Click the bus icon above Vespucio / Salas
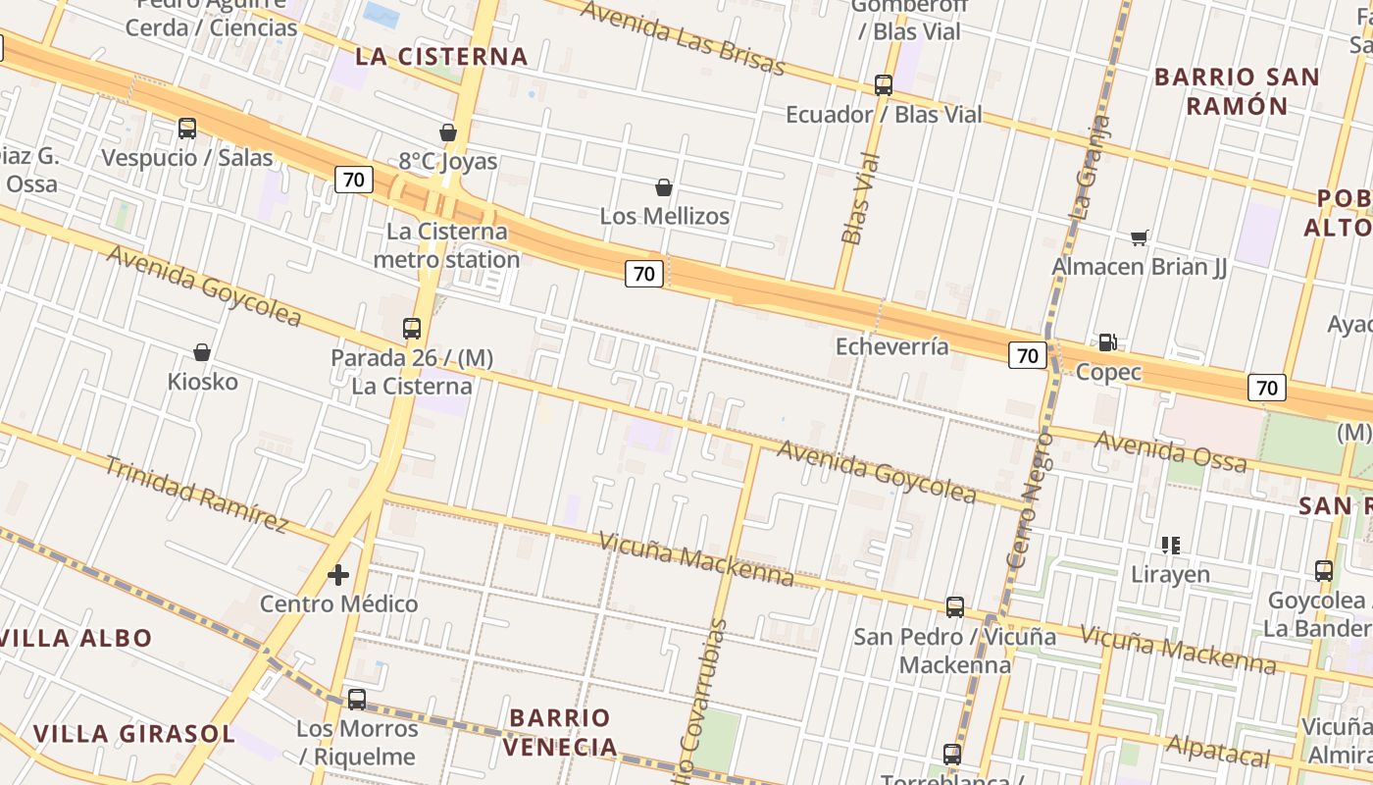[x=187, y=129]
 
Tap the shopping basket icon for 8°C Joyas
[x=448, y=132]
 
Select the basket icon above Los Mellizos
[x=664, y=187]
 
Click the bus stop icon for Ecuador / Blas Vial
[x=884, y=85]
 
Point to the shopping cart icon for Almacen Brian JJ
[x=1139, y=237]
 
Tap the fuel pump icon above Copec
[x=1108, y=342]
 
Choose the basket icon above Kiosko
[x=202, y=352]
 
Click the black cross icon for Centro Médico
[x=338, y=575]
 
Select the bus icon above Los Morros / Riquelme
[x=357, y=700]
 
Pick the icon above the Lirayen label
[x=1170, y=545]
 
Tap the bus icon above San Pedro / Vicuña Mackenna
[x=955, y=607]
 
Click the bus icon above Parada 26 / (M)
[x=412, y=329]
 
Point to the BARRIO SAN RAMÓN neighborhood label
[x=1237, y=91]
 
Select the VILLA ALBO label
[x=76, y=638]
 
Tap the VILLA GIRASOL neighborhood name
[x=133, y=733]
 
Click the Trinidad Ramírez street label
[x=196, y=495]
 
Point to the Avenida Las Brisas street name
[x=683, y=37]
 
